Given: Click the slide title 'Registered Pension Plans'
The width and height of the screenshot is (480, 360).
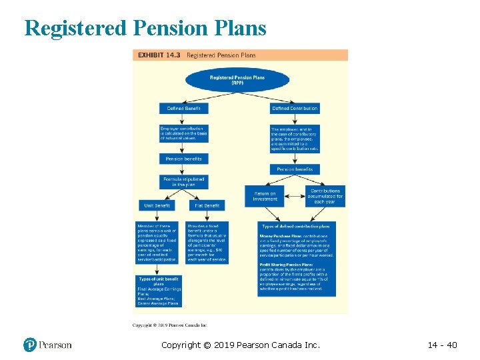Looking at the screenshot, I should click(x=145, y=28).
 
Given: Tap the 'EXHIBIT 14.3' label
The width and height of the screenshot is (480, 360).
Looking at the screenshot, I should click(x=159, y=55).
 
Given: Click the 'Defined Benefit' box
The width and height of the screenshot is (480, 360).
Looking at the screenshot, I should click(x=183, y=108).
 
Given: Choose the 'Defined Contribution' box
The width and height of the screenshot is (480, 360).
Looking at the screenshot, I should click(x=295, y=108).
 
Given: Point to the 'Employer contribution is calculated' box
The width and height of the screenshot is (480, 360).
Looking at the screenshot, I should click(x=183, y=133).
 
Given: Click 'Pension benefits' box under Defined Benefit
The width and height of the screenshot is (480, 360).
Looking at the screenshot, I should click(x=183, y=159).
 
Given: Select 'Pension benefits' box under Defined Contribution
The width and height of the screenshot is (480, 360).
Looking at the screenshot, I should click(x=295, y=169).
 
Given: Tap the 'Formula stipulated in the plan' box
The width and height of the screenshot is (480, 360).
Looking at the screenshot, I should click(x=183, y=181).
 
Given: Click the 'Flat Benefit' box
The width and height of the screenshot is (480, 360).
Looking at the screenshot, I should click(x=207, y=205).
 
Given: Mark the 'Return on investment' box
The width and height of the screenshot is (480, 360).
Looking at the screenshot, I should click(x=265, y=195).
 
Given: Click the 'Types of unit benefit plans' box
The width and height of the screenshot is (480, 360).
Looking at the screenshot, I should click(x=158, y=281).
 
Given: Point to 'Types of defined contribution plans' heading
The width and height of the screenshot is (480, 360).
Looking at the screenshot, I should click(x=300, y=227).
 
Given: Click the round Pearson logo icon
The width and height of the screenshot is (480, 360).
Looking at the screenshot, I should click(x=29, y=345).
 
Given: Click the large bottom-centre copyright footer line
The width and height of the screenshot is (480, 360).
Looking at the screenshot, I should click(x=241, y=345).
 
